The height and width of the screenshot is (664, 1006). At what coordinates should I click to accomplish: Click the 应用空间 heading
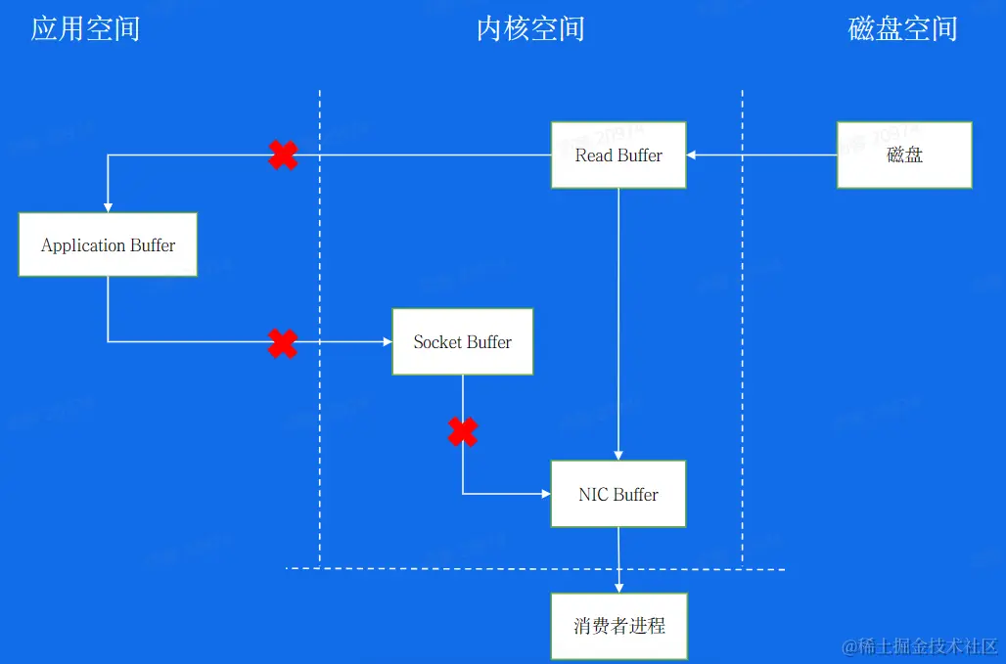[85, 28]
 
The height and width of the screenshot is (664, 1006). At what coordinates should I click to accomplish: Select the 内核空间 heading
[530, 28]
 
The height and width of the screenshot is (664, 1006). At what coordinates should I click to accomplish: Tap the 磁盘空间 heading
[902, 28]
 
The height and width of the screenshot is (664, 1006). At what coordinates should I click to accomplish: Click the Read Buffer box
[618, 155]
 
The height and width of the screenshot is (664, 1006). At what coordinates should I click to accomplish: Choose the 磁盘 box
[904, 155]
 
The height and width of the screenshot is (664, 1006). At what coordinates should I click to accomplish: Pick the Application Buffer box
[108, 244]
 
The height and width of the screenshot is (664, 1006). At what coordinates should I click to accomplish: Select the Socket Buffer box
[462, 341]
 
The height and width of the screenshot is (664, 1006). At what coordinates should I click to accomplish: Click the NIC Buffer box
[618, 494]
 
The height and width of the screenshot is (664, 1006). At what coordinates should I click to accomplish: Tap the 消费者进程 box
[618, 625]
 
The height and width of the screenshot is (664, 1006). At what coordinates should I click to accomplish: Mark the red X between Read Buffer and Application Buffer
[283, 155]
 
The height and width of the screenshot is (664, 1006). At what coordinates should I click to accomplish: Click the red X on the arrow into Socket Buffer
[283, 342]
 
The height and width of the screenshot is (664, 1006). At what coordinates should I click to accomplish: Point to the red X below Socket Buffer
[463, 431]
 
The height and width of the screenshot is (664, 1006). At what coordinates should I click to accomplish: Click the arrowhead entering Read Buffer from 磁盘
[691, 155]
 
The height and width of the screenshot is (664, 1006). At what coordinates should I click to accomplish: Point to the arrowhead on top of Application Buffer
[108, 207]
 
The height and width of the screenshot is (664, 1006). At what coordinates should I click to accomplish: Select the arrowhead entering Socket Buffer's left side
[387, 341]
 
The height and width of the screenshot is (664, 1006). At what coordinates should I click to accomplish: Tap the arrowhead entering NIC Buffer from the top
[618, 455]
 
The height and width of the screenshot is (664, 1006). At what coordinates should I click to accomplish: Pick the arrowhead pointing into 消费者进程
[618, 588]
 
